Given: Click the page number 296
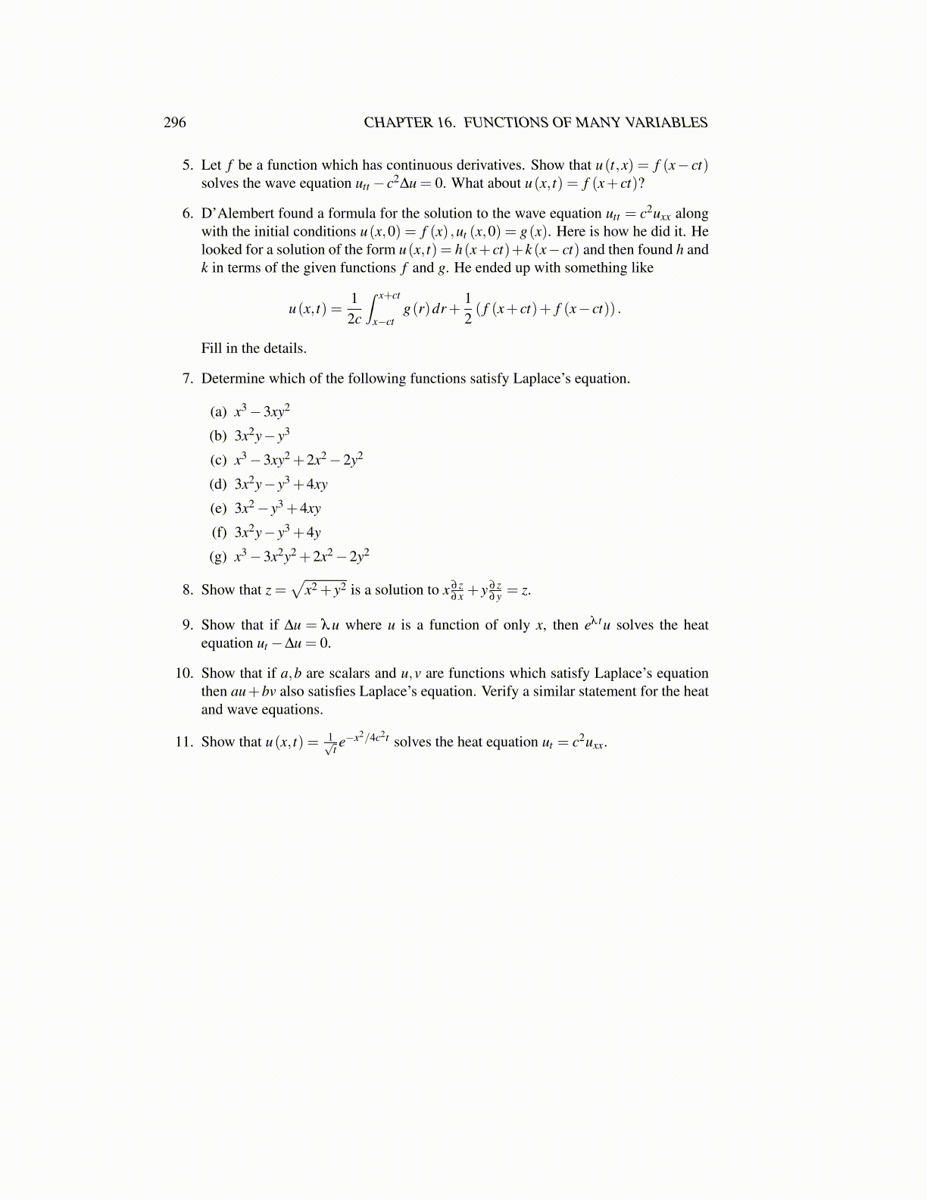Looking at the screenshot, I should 174,123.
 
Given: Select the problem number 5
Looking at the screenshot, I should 187,165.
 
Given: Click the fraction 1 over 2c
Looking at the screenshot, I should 354,309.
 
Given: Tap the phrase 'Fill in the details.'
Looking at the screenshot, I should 254,348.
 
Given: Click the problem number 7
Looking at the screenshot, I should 187,379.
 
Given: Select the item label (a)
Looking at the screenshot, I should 218,412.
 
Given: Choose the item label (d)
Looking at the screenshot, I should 218,485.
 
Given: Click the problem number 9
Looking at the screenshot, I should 187,625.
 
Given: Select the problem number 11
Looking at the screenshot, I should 185,742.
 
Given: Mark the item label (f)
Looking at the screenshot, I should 219,533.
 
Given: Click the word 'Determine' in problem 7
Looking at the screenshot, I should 231,379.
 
